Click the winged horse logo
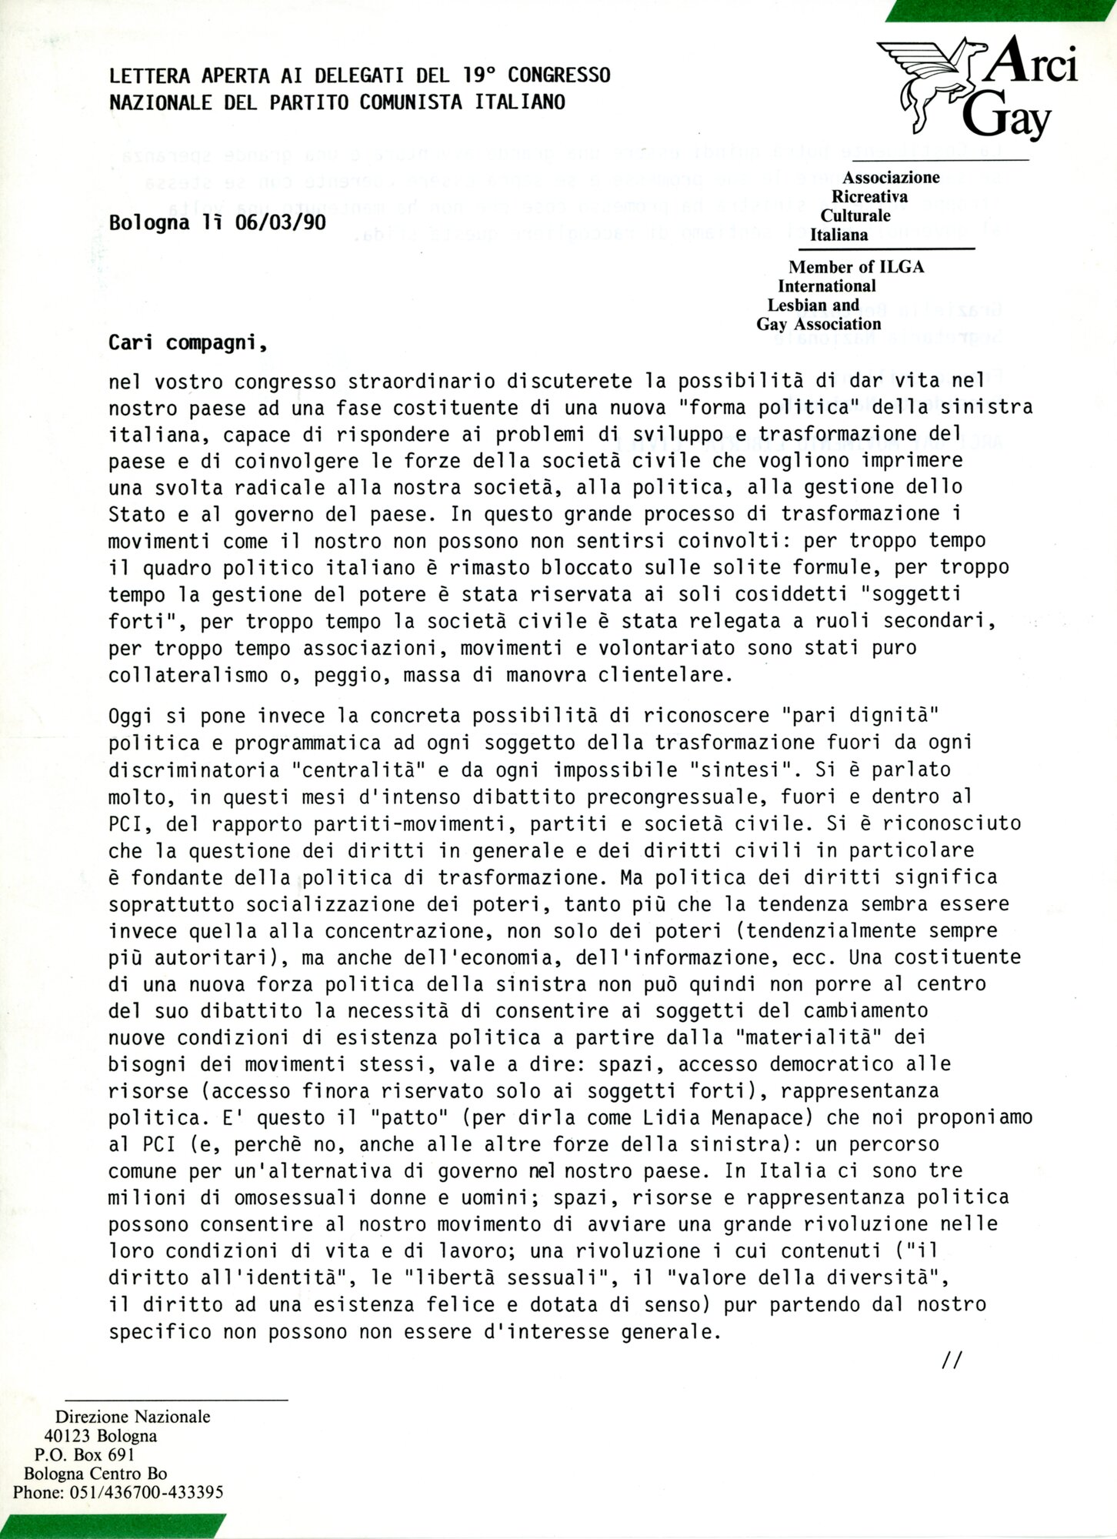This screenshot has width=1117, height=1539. point(928,80)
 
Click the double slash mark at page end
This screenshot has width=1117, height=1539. point(952,1361)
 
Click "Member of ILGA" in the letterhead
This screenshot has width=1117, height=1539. point(856,267)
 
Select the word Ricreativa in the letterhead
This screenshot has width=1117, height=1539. point(869,196)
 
